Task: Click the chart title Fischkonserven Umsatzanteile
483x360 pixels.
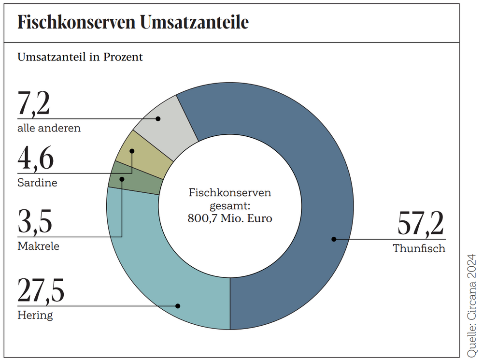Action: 133,23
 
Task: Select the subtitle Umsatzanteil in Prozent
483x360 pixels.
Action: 80,57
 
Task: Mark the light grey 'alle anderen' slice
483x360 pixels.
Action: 164,126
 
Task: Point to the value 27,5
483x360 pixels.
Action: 41,291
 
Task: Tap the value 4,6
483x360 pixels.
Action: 35,159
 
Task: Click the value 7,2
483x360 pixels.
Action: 34,104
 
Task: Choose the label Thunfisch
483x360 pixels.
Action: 419,249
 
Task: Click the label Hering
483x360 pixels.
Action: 35,316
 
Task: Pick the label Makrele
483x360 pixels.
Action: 38,246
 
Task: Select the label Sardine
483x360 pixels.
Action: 37,183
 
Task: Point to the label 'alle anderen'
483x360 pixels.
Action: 49,128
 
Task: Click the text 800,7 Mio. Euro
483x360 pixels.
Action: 230,218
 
